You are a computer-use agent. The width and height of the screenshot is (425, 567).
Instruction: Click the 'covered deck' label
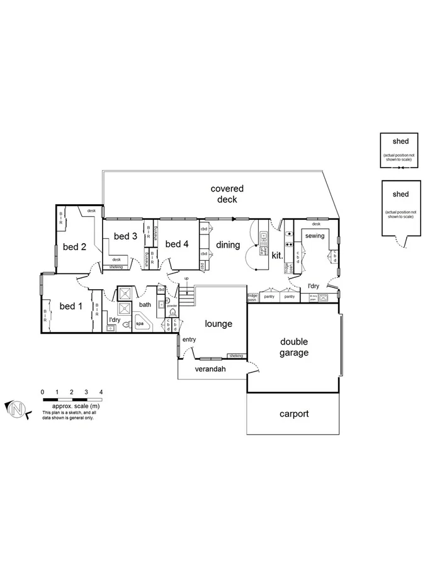click(227, 194)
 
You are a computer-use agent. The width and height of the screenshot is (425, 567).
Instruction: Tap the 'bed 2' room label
click(75, 247)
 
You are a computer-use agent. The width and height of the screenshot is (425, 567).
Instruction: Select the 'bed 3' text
click(125, 236)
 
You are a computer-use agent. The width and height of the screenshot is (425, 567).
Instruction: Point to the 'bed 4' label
click(177, 244)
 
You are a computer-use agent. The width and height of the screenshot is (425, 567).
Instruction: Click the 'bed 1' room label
click(71, 306)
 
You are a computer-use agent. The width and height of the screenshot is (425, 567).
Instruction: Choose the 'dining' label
click(228, 245)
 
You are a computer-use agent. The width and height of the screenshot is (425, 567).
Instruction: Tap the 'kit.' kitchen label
click(277, 256)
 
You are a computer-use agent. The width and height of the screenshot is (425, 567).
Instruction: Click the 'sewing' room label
click(315, 236)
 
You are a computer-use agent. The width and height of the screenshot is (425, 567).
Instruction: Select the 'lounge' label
click(218, 324)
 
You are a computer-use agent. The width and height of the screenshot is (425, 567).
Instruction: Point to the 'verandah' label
click(210, 369)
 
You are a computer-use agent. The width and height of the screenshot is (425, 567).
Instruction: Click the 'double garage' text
click(294, 347)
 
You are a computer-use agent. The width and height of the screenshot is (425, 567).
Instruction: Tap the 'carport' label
click(294, 414)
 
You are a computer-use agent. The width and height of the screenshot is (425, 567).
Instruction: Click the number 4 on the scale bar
click(101, 392)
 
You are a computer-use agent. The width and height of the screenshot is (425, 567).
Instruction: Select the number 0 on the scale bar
click(42, 392)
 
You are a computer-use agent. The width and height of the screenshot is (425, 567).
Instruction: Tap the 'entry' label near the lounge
click(189, 340)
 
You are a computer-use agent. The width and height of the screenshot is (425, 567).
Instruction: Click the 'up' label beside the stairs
click(186, 278)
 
